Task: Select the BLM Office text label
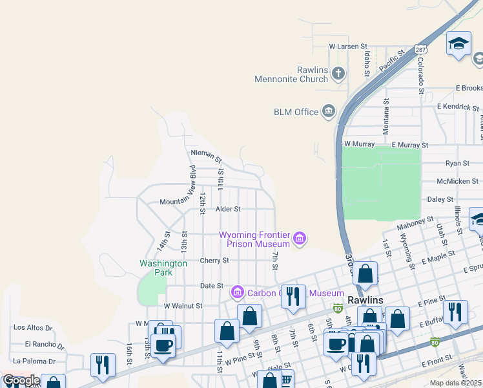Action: (x=296, y=112)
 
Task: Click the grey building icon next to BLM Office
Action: (x=329, y=112)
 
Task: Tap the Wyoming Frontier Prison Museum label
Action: (x=254, y=239)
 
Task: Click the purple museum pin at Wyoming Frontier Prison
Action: (x=299, y=239)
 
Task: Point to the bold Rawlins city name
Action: (x=365, y=301)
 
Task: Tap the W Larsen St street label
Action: (x=347, y=47)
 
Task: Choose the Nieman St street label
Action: (x=206, y=156)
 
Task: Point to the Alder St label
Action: (x=228, y=210)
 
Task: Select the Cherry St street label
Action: (x=214, y=261)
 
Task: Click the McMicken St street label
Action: (x=457, y=181)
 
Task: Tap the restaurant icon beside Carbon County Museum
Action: (x=294, y=296)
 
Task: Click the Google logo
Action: (x=21, y=380)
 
